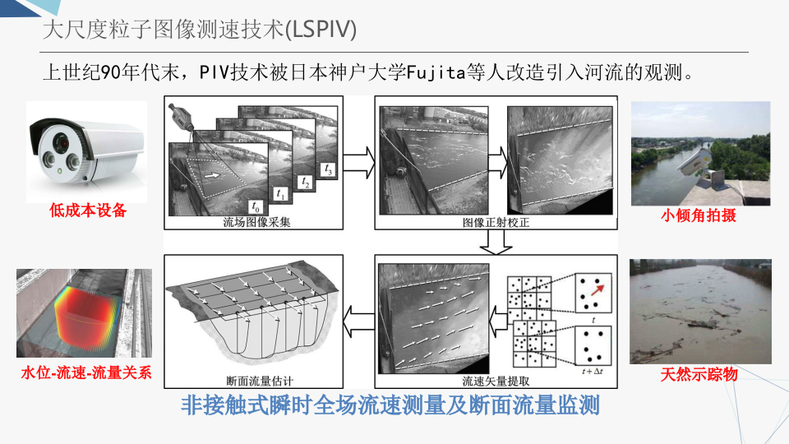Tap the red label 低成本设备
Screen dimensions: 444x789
pyautogui.click(x=88, y=211)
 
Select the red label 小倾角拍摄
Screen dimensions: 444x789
pyautogui.click(x=699, y=216)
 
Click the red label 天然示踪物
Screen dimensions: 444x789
pyautogui.click(x=699, y=375)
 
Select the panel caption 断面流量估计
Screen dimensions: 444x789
pyautogui.click(x=259, y=382)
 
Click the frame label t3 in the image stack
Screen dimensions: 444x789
pyautogui.click(x=328, y=172)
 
